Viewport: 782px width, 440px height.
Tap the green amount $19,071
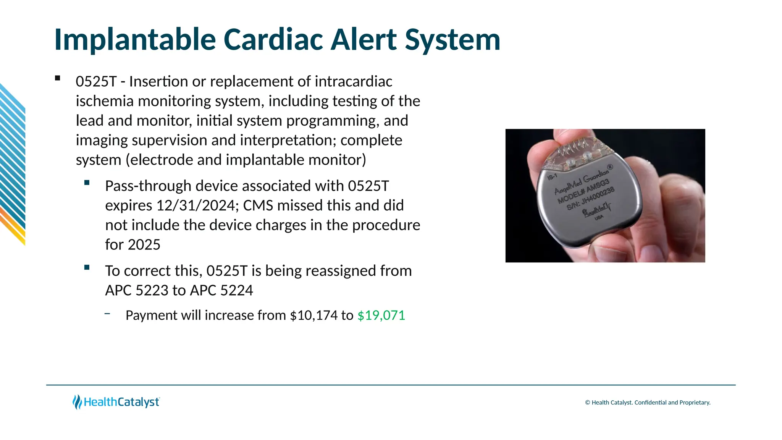pos(381,315)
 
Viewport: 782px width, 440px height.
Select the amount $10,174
pos(313,315)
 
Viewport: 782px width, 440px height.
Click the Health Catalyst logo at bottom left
pos(116,402)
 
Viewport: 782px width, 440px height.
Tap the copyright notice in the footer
pos(648,403)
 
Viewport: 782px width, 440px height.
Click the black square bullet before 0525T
pos(58,78)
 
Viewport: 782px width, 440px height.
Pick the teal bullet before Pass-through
pos(87,183)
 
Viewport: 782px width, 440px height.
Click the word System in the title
pos(452,39)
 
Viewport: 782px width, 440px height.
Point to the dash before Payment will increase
pos(107,314)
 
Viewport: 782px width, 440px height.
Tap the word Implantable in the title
pos(135,39)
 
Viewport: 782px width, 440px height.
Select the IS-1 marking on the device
pos(552,176)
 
